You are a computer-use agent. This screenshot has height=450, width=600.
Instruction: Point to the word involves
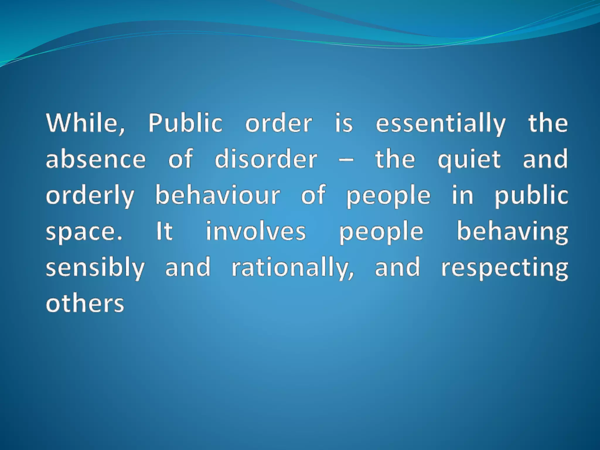tap(256, 231)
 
